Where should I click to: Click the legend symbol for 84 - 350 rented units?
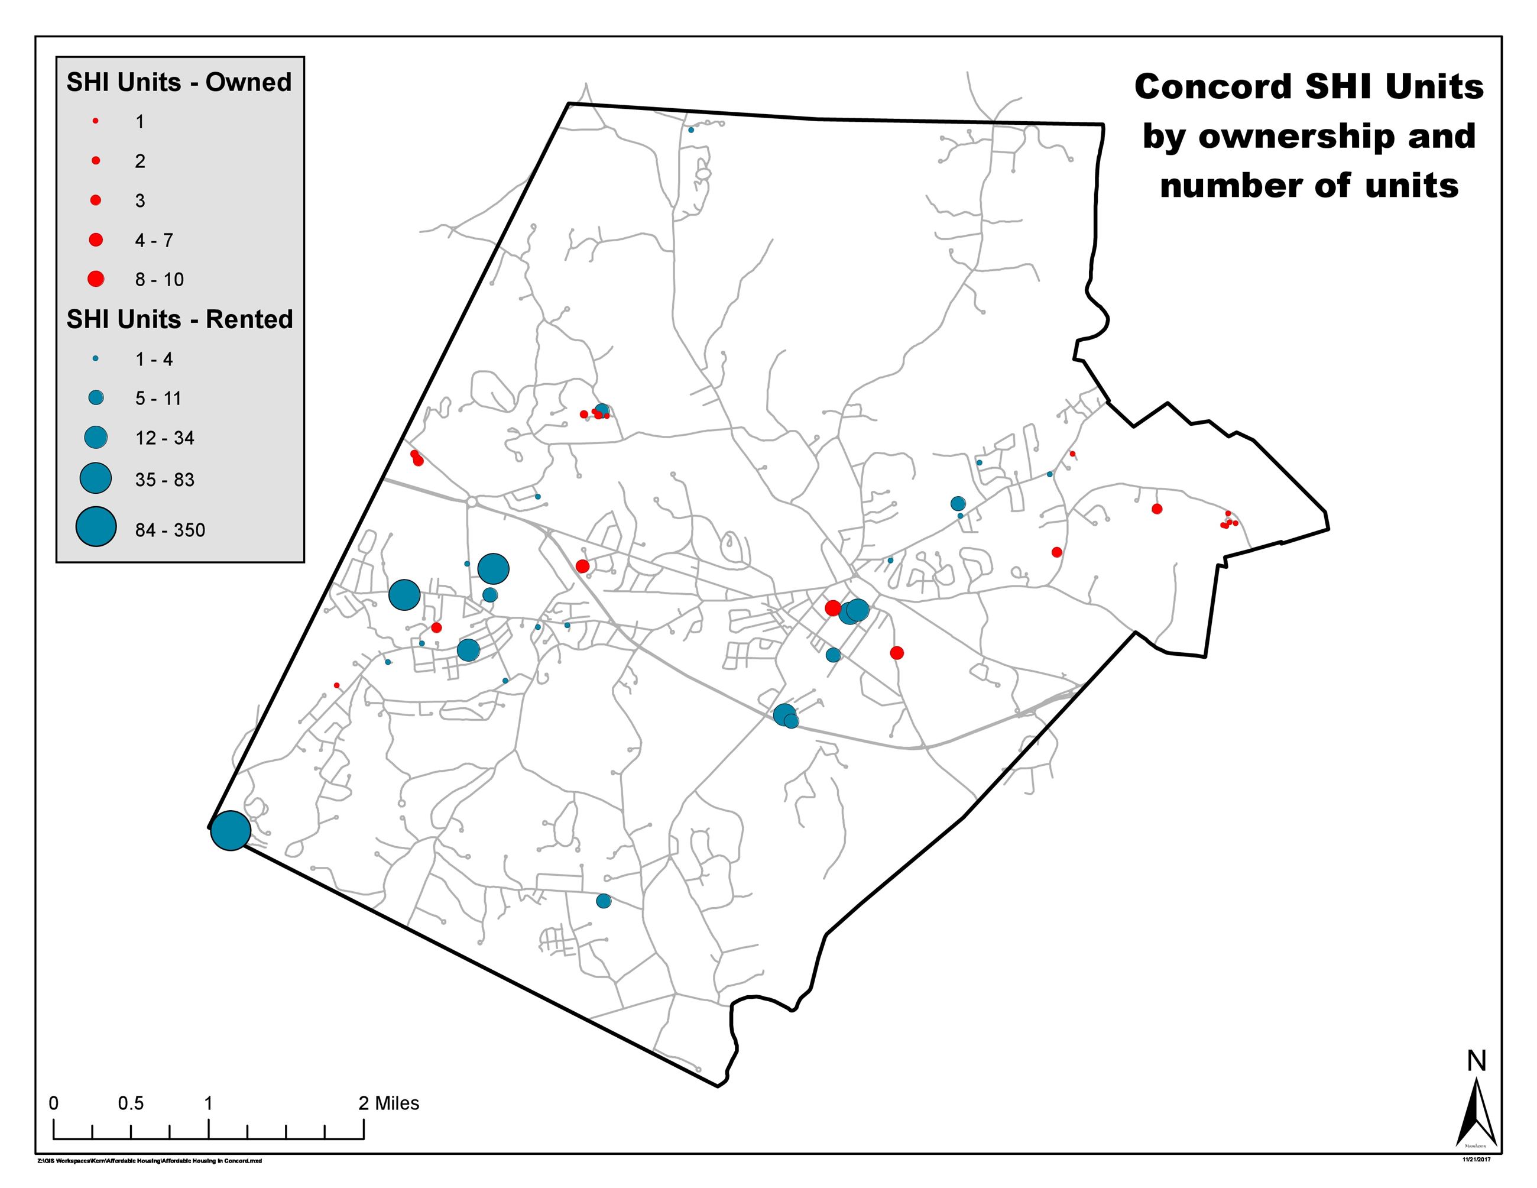tap(96, 526)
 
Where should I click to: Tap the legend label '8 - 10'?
tap(159, 279)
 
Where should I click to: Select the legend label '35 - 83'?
tap(165, 480)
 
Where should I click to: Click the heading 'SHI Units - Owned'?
tap(179, 82)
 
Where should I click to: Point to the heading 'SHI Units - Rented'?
tap(180, 319)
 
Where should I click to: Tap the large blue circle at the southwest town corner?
tap(231, 830)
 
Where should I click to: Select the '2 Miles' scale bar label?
tap(388, 1103)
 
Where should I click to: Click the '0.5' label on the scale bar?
tap(131, 1103)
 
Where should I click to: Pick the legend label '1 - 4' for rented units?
tap(154, 360)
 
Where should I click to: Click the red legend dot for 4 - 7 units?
tap(96, 240)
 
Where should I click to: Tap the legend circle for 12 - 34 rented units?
tap(96, 437)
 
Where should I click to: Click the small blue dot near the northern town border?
tap(690, 130)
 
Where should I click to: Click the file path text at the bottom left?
tap(149, 1161)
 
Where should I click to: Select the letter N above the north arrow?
tap(1477, 1061)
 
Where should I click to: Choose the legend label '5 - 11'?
tap(158, 399)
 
